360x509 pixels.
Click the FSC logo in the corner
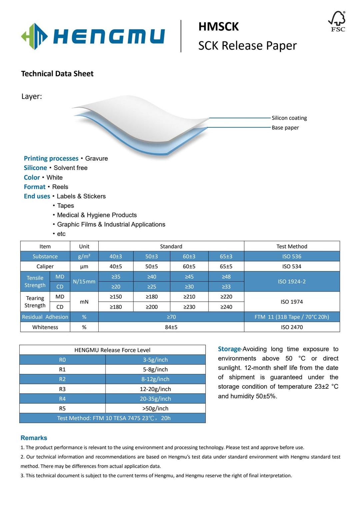click(337, 22)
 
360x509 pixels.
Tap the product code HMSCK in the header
click(218, 27)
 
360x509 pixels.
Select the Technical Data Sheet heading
click(57, 74)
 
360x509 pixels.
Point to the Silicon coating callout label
click(289, 118)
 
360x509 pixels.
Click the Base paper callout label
click(285, 128)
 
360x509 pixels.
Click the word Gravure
click(96, 158)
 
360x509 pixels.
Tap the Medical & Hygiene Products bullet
click(97, 215)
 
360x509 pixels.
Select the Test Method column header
click(292, 246)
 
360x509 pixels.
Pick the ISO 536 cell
click(292, 256)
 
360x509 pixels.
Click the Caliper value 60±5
click(189, 266)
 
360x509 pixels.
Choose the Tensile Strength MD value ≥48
click(226, 277)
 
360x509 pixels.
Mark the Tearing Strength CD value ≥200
click(152, 307)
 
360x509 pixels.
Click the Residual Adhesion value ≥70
click(171, 317)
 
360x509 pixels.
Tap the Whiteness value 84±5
click(171, 327)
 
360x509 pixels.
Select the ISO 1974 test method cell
click(292, 302)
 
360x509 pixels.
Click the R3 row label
click(62, 389)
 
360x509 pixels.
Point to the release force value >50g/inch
click(155, 408)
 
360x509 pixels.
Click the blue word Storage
click(229, 349)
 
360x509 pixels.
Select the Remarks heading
click(34, 438)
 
